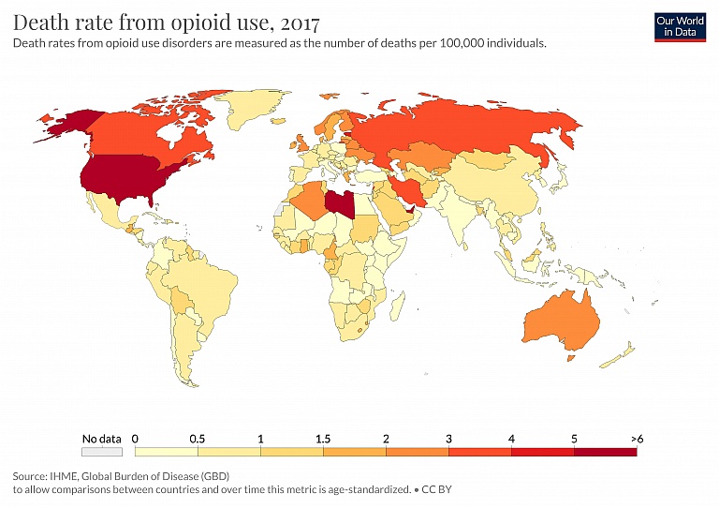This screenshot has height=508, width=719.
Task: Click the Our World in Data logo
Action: click(680, 27)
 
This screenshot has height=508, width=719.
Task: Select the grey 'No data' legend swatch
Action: click(102, 452)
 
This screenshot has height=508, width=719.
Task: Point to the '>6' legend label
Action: click(637, 438)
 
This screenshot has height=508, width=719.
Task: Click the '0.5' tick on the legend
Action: click(198, 438)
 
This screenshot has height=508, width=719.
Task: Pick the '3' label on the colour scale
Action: click(448, 438)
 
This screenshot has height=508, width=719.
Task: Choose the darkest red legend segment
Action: click(605, 452)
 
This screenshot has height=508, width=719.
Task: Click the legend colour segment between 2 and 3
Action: click(417, 452)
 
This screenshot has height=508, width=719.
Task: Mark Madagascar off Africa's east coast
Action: click(400, 306)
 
